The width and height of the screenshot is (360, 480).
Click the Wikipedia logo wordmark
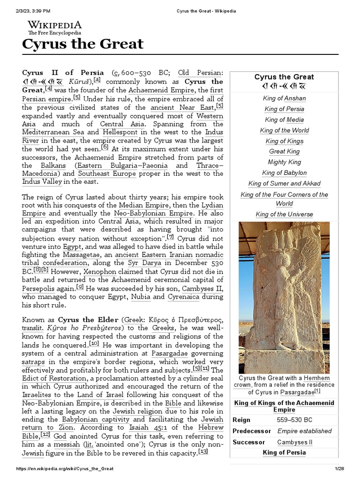point(54,25)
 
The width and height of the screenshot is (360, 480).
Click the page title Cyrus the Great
point(83,44)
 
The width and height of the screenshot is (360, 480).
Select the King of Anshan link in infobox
point(284,98)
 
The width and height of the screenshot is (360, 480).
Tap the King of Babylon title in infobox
point(284,173)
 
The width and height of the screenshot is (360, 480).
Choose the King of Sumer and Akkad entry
point(284,183)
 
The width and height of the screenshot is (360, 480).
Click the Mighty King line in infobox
point(284,162)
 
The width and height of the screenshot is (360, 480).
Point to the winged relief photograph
point(284,297)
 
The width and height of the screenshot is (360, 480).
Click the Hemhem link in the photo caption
point(317,378)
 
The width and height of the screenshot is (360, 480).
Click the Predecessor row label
point(252,431)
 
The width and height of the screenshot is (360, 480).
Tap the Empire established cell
point(304,431)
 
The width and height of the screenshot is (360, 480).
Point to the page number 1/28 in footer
point(339,469)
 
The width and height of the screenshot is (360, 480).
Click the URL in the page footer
point(65,469)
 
